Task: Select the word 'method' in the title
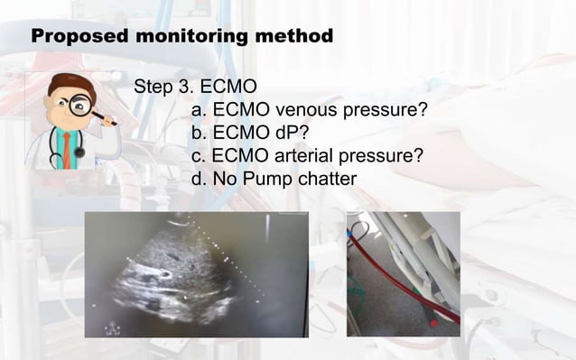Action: coord(298,37)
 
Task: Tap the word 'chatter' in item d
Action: coord(322,179)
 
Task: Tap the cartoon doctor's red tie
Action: coord(66,149)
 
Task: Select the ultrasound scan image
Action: coord(196,274)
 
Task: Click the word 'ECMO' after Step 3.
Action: coord(230,88)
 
